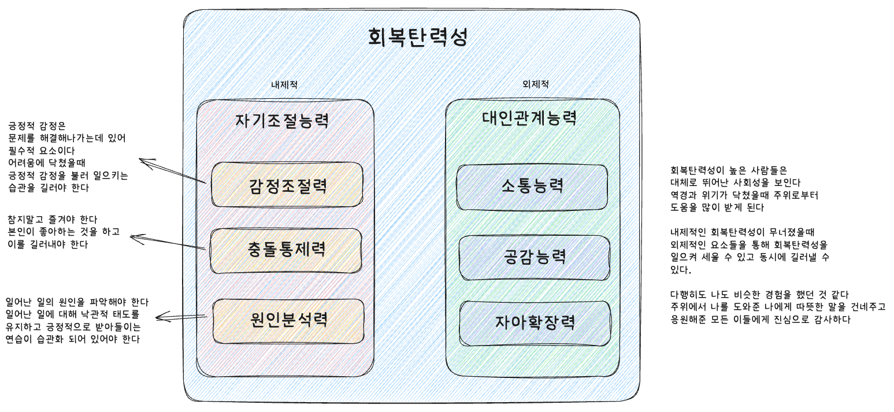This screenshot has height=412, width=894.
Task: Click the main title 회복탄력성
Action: click(x=417, y=37)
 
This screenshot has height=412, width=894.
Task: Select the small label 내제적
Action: click(x=284, y=84)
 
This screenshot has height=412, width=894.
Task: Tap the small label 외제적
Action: click(x=535, y=84)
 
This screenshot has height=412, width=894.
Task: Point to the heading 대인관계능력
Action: click(x=529, y=118)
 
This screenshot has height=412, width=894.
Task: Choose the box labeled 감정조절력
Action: click(x=287, y=185)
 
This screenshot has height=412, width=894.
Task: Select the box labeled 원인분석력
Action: click(x=289, y=320)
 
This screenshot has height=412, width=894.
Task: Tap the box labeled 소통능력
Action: click(x=532, y=187)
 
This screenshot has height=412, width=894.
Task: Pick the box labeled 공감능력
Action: click(x=535, y=257)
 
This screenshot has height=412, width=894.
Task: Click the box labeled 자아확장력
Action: click(x=535, y=322)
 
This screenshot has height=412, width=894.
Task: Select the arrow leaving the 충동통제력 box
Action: click(x=168, y=243)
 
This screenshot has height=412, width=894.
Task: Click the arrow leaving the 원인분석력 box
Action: click(x=181, y=316)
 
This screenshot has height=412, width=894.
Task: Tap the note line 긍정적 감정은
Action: click(x=38, y=125)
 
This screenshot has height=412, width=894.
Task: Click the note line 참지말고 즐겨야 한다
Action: click(x=53, y=220)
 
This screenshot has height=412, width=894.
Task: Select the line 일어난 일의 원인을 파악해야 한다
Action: click(x=77, y=302)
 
